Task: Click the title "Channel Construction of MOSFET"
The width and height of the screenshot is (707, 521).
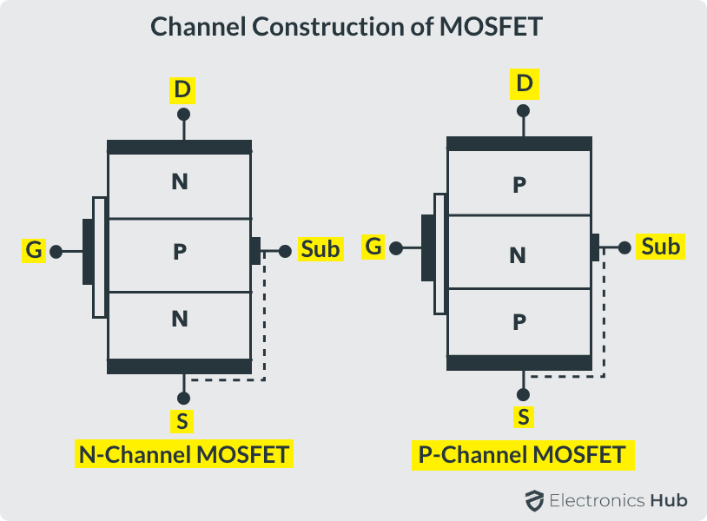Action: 347,26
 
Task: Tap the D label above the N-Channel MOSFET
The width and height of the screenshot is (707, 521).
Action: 182,89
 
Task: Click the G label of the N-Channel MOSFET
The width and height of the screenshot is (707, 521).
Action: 34,251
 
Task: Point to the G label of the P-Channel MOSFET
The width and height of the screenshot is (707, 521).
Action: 373,247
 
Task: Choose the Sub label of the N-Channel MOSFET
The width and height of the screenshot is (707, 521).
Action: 320,249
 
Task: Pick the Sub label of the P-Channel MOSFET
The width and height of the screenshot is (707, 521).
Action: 660,247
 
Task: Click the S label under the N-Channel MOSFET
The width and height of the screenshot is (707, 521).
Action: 182,422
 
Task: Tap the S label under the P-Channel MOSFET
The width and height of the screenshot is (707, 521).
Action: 523,418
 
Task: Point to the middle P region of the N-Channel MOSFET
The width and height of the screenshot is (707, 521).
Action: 180,253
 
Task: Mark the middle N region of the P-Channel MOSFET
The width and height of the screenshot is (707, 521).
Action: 519,254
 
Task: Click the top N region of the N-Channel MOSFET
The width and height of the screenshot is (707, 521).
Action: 180,182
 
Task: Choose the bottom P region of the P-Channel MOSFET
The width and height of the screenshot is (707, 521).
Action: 519,322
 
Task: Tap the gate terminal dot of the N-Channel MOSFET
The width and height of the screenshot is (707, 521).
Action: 56,252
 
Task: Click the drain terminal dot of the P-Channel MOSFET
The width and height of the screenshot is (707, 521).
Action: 523,111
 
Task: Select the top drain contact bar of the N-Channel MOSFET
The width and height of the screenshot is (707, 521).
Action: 179,148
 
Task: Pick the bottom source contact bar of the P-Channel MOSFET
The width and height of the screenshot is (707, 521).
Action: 519,363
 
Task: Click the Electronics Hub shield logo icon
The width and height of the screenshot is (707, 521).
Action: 533,500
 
